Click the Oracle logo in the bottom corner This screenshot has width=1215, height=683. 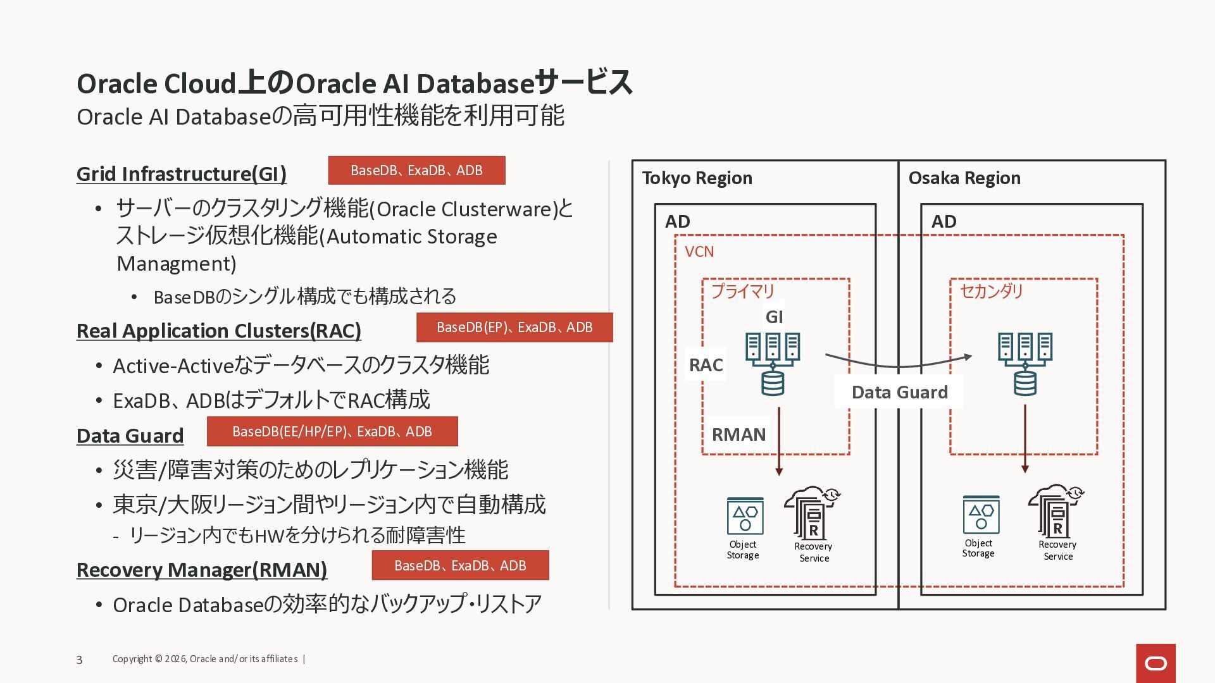pyautogui.click(x=1156, y=663)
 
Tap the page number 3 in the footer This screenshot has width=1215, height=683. pyautogui.click(x=79, y=660)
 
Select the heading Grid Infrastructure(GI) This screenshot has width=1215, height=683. pyautogui.click(x=182, y=174)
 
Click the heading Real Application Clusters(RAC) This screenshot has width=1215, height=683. pyautogui.click(x=219, y=331)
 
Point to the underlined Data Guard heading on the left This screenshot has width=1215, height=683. pyautogui.click(x=130, y=436)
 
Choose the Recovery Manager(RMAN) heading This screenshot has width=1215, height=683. pyautogui.click(x=202, y=570)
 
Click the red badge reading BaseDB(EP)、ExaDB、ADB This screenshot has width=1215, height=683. pyautogui.click(x=514, y=328)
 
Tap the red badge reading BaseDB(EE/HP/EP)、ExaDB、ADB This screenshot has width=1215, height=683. pyautogui.click(x=332, y=431)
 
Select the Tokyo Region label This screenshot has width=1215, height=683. pyautogui.click(x=697, y=178)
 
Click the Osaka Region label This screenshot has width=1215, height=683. pyautogui.click(x=964, y=178)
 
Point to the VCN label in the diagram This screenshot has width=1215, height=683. pyautogui.click(x=699, y=252)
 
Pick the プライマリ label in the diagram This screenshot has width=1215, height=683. pyautogui.click(x=743, y=291)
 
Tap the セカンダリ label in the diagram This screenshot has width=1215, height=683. pyautogui.click(x=992, y=291)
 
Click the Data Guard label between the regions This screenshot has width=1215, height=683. pyautogui.click(x=900, y=392)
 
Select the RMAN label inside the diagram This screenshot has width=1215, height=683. pyautogui.click(x=738, y=434)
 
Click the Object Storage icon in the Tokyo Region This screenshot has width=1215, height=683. pyautogui.click(x=745, y=516)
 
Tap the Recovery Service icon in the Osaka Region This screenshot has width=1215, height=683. pyautogui.click(x=1056, y=511)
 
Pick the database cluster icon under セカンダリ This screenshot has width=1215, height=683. pyautogui.click(x=1025, y=364)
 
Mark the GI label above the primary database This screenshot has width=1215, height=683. pyautogui.click(x=775, y=317)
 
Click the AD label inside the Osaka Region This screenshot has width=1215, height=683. pyautogui.click(x=944, y=221)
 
